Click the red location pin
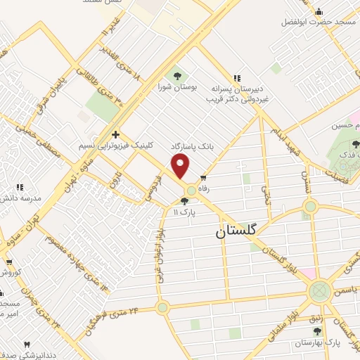coord(181,167)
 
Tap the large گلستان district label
coord(233,230)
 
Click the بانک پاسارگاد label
coord(191,146)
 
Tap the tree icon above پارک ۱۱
coord(185,200)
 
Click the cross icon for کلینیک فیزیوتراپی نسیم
coord(115,134)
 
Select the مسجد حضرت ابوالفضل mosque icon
coord(319,11)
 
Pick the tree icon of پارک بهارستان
coord(319,330)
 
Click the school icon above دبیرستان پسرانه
coord(237,78)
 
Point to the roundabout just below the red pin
coord(191,190)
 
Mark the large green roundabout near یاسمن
coord(320,289)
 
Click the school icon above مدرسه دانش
coord(20,187)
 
